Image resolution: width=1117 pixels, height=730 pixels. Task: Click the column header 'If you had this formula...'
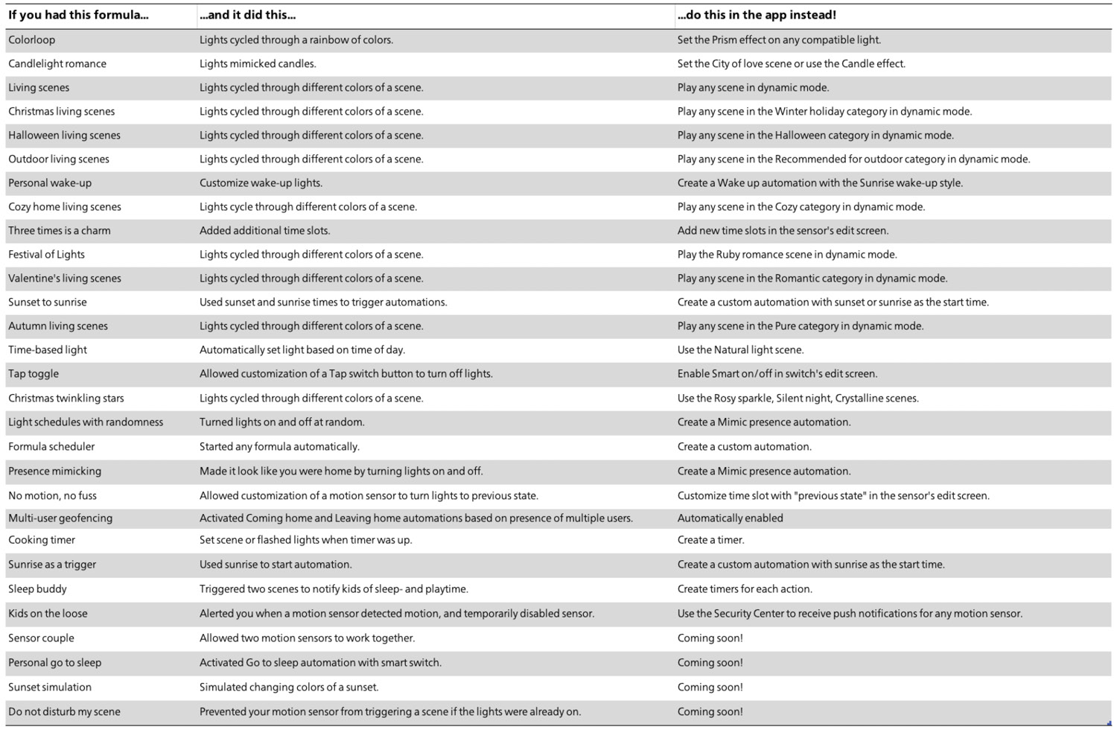click(78, 15)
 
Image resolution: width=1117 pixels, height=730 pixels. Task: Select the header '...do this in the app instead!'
click(756, 15)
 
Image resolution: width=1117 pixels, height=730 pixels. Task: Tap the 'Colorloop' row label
click(32, 40)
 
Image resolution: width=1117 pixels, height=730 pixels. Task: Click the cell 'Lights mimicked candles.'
click(258, 64)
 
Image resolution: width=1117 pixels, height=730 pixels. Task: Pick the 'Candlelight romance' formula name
click(57, 64)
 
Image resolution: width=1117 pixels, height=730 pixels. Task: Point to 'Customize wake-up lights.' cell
click(261, 183)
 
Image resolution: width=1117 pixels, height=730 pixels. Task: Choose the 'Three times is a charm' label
click(60, 231)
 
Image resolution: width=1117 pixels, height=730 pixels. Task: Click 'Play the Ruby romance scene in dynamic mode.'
click(787, 255)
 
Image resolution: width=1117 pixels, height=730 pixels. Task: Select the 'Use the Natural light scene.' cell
click(740, 350)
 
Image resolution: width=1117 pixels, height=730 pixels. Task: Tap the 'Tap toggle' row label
click(34, 374)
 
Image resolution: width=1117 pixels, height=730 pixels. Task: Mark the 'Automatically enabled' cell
click(730, 518)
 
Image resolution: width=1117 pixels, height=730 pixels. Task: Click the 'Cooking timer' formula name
click(42, 540)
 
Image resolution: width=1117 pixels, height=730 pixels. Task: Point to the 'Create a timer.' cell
click(710, 540)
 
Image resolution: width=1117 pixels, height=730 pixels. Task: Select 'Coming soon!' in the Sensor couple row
click(710, 638)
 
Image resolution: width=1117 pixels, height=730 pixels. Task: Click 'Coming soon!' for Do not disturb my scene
click(710, 712)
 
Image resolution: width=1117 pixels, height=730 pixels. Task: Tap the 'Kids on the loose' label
click(48, 614)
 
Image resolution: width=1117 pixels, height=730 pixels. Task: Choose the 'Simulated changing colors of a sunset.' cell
click(289, 688)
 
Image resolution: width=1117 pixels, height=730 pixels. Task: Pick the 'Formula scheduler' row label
click(51, 447)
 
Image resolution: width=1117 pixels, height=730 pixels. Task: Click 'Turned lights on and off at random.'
click(281, 422)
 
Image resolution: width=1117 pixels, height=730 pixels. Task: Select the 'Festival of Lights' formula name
click(46, 255)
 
